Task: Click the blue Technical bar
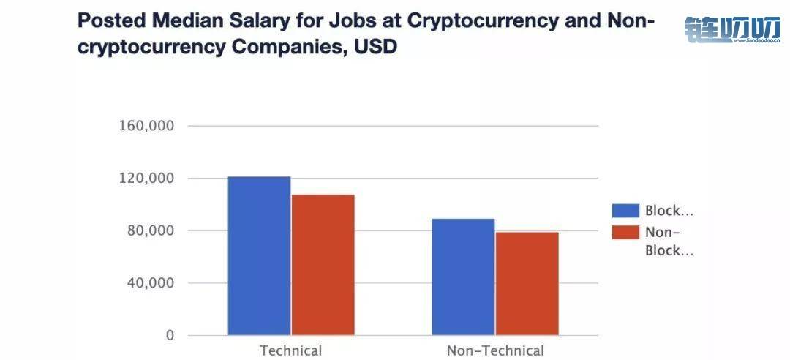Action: pyautogui.click(x=259, y=256)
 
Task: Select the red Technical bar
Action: pyautogui.click(x=323, y=265)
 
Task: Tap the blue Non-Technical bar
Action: pyautogui.click(x=463, y=277)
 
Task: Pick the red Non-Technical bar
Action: pyautogui.click(x=527, y=284)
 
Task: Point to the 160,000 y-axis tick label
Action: pyautogui.click(x=146, y=126)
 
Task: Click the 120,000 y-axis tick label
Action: pyautogui.click(x=146, y=179)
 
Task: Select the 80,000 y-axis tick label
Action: pyautogui.click(x=150, y=231)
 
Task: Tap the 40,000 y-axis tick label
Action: pyautogui.click(x=150, y=283)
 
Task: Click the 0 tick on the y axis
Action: pyautogui.click(x=170, y=336)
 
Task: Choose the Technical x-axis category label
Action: pyautogui.click(x=290, y=350)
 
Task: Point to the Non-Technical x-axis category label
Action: pyautogui.click(x=495, y=350)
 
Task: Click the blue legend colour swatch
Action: pyautogui.click(x=624, y=211)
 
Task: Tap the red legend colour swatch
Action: pyautogui.click(x=624, y=233)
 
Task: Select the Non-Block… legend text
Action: pyautogui.click(x=669, y=241)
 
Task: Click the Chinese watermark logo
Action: pyautogui.click(x=731, y=29)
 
